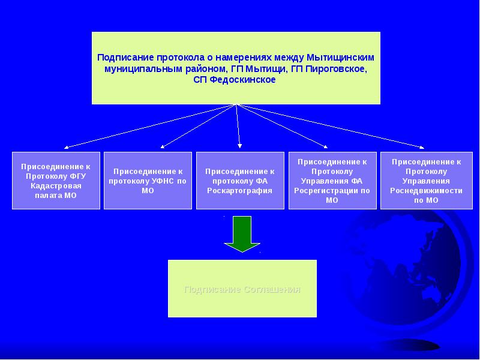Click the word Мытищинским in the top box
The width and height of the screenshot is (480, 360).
point(341,58)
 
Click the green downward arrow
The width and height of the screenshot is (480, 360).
point(242,233)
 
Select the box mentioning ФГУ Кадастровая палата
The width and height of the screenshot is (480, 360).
point(56,180)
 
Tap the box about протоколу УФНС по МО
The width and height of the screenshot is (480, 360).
point(148,180)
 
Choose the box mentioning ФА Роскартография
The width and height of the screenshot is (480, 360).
point(240,180)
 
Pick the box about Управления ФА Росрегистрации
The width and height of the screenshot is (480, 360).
point(332,180)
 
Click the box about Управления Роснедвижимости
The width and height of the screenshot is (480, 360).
point(425,180)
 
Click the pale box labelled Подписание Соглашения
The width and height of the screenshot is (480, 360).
point(242,289)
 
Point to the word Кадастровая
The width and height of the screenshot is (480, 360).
point(56,186)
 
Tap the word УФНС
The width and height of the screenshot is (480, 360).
point(162,181)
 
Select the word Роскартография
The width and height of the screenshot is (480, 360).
point(240,190)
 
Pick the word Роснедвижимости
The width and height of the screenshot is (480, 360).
point(425,190)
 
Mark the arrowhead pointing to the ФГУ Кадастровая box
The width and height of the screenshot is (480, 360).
point(67,147)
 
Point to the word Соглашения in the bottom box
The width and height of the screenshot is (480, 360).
point(272,289)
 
